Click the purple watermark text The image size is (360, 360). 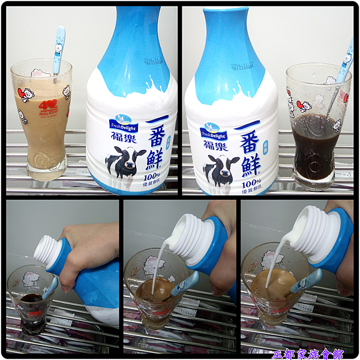(x=310, y=354)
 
